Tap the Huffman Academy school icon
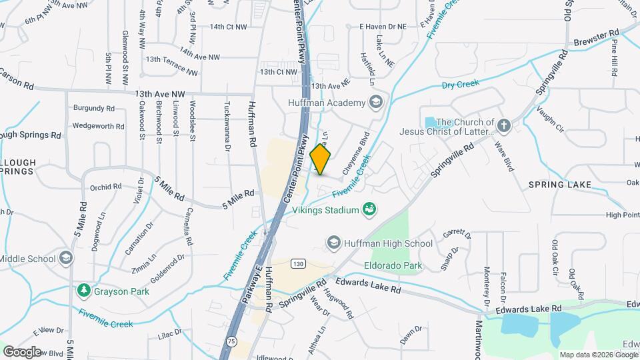(x=376, y=103)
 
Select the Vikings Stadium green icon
(x=368, y=210)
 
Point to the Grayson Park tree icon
(x=83, y=291)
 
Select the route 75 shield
(x=231, y=341)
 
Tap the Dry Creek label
(x=461, y=85)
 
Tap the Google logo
(x=22, y=351)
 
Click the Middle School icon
(x=66, y=258)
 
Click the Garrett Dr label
(x=458, y=235)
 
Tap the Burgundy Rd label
(x=94, y=107)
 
